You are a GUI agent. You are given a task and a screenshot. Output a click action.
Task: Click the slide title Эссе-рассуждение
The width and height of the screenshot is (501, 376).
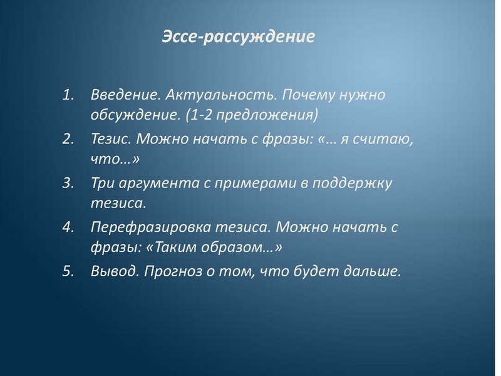pyautogui.click(x=239, y=36)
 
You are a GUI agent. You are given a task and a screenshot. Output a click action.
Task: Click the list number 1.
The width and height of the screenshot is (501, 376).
pyautogui.click(x=68, y=96)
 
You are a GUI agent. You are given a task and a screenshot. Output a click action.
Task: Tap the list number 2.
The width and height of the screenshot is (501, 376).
pyautogui.click(x=68, y=139)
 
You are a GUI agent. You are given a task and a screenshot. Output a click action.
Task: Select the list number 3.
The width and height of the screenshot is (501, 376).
pyautogui.click(x=68, y=184)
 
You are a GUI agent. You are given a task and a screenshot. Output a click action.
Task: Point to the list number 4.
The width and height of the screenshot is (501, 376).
pyautogui.click(x=68, y=227)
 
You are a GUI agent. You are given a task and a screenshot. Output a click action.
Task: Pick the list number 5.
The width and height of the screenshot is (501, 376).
pyautogui.click(x=68, y=271)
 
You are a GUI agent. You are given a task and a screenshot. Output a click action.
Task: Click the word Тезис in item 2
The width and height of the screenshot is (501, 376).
pyautogui.click(x=111, y=139)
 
